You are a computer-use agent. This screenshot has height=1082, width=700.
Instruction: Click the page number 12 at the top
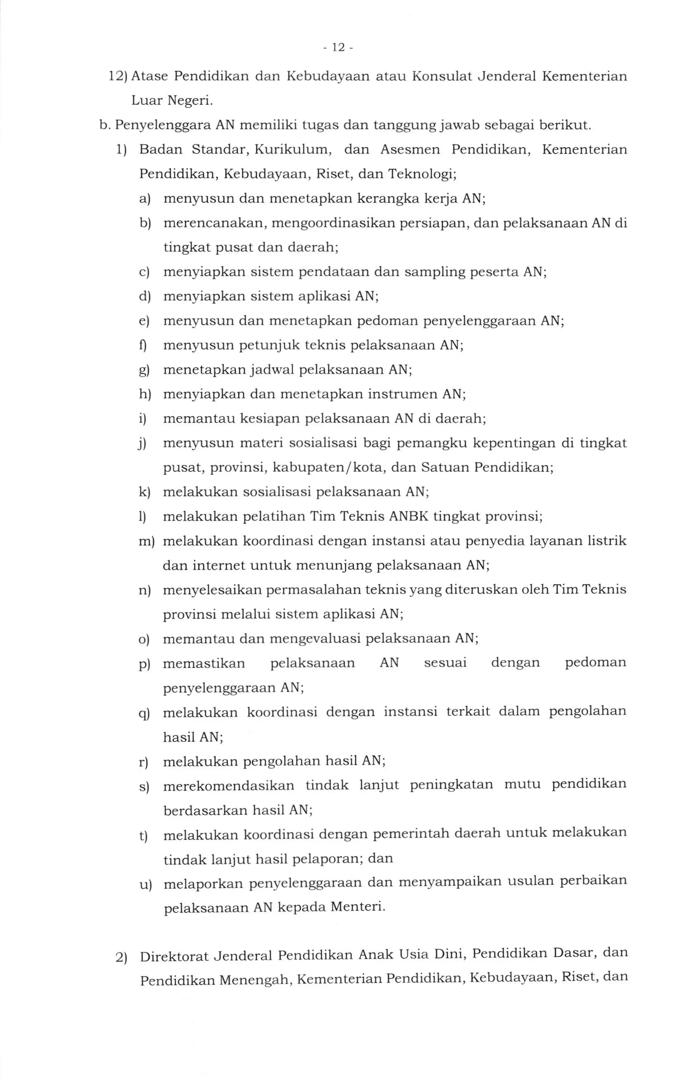[338, 47]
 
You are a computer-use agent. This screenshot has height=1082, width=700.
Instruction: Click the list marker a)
[145, 199]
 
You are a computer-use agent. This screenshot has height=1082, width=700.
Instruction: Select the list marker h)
[145, 394]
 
